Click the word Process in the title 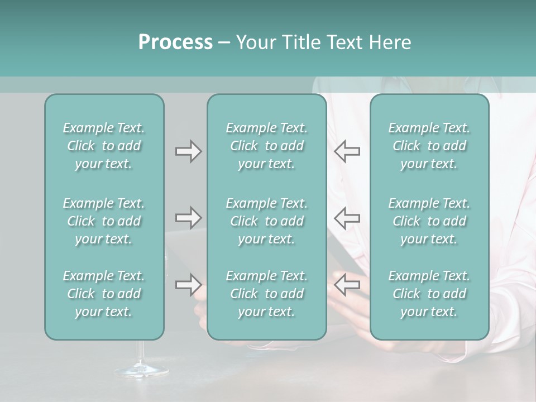[175, 42]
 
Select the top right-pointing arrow [188, 151]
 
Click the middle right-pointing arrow [188, 218]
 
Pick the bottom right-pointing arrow [188, 285]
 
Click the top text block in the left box [104, 146]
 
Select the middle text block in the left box [104, 221]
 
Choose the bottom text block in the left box [104, 294]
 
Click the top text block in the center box [266, 146]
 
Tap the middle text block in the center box [266, 221]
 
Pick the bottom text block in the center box [266, 294]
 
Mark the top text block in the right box [429, 146]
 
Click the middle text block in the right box [429, 221]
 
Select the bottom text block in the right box [429, 294]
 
